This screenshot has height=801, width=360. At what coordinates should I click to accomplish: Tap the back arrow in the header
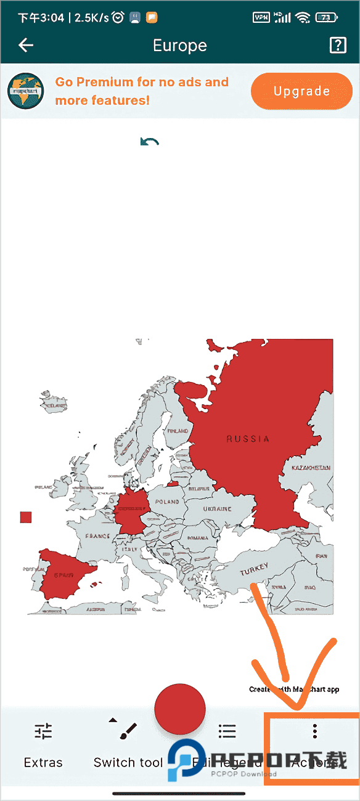pyautogui.click(x=26, y=45)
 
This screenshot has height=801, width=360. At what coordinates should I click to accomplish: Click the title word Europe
pyautogui.click(x=179, y=46)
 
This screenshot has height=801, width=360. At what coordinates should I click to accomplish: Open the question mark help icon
pyautogui.click(x=338, y=45)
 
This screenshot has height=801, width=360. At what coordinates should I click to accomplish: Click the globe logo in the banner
pyautogui.click(x=26, y=91)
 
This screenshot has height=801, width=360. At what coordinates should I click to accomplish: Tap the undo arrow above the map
pyautogui.click(x=150, y=142)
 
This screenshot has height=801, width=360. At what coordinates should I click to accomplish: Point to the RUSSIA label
pyautogui.click(x=248, y=439)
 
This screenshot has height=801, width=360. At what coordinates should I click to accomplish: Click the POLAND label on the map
pyautogui.click(x=167, y=502)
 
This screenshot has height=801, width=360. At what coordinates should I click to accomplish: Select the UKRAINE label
pyautogui.click(x=217, y=509)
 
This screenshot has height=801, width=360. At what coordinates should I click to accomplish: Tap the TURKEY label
pyautogui.click(x=255, y=570)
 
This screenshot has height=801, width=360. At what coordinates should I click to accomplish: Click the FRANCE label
pyautogui.click(x=97, y=537)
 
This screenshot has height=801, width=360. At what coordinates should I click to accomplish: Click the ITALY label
pyautogui.click(x=130, y=549)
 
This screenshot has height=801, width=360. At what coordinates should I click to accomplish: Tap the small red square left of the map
pyautogui.click(x=25, y=517)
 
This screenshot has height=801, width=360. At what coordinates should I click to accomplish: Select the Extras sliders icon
pyautogui.click(x=43, y=731)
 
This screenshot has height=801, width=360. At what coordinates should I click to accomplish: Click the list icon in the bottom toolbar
pyautogui.click(x=227, y=731)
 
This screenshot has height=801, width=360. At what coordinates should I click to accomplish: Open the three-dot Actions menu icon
pyautogui.click(x=315, y=731)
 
